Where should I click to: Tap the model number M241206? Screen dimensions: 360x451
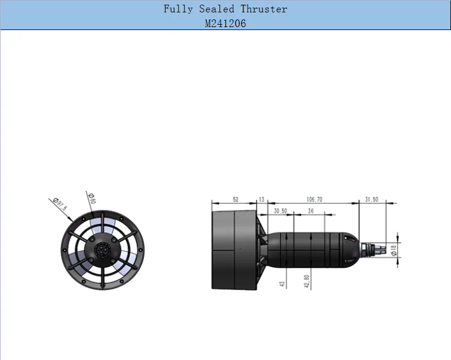[x=226, y=24]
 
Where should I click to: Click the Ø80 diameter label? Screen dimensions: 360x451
[x=92, y=198]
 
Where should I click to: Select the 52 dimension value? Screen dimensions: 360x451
[x=235, y=200]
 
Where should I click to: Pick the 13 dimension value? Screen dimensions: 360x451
[x=262, y=200]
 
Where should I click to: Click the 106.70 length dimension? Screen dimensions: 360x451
[x=315, y=200]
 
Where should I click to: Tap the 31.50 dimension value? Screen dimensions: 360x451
[x=371, y=200]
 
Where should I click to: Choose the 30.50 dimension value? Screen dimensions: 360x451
[x=281, y=211]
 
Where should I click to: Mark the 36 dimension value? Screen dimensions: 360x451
[x=311, y=211]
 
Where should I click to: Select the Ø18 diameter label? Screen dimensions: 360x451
[x=394, y=250]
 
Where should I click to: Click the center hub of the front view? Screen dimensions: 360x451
[x=101, y=251]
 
